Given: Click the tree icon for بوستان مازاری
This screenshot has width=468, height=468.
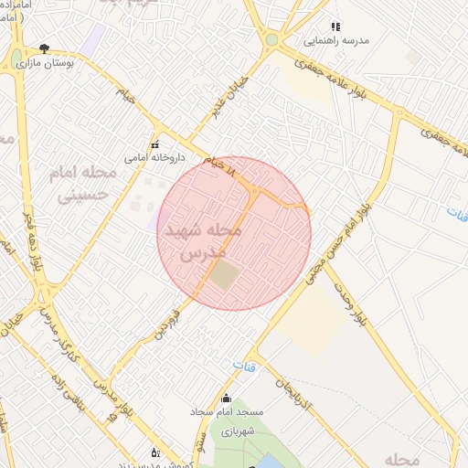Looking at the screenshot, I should [x=45, y=48].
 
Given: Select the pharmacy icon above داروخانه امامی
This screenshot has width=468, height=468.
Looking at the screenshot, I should [x=154, y=144].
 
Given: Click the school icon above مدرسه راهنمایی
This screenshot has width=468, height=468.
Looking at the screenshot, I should [x=335, y=27].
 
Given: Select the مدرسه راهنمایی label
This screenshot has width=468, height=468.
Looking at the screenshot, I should [x=336, y=41].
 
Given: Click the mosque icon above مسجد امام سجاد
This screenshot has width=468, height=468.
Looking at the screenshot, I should [x=227, y=398].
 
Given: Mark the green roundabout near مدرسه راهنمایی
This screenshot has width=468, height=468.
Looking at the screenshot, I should [x=271, y=39].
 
